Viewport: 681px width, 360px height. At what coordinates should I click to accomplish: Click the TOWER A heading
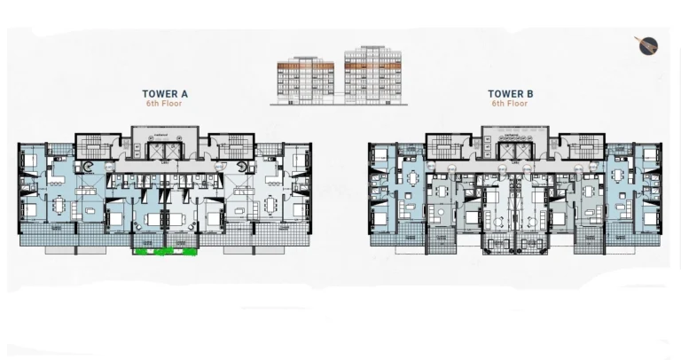coord(165,93)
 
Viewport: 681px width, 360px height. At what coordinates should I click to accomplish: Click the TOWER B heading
coord(510,93)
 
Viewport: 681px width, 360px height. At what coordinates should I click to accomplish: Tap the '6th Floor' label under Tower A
coord(165,104)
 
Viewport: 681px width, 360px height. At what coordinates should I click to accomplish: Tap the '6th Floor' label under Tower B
coord(510,104)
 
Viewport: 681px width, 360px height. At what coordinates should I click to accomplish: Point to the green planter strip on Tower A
coord(164,252)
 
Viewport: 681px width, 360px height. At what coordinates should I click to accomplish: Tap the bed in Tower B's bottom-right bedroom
coord(650,215)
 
